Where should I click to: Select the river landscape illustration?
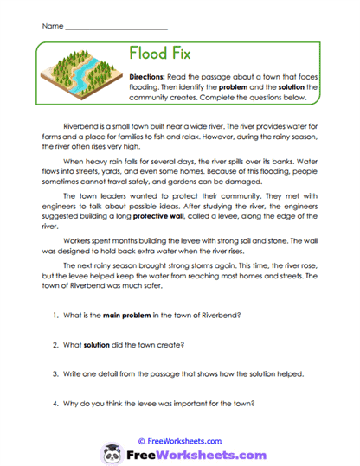click(80, 76)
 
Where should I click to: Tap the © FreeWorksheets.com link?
click(179, 441)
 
